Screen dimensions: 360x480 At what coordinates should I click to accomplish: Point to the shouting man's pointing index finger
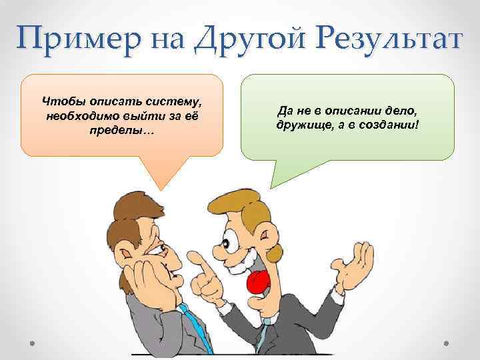pos(194,257)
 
